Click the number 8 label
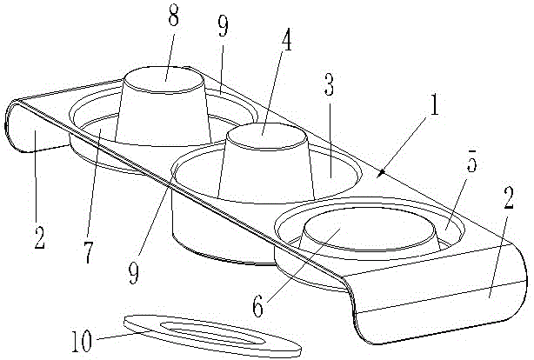174,19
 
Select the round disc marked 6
369,232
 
